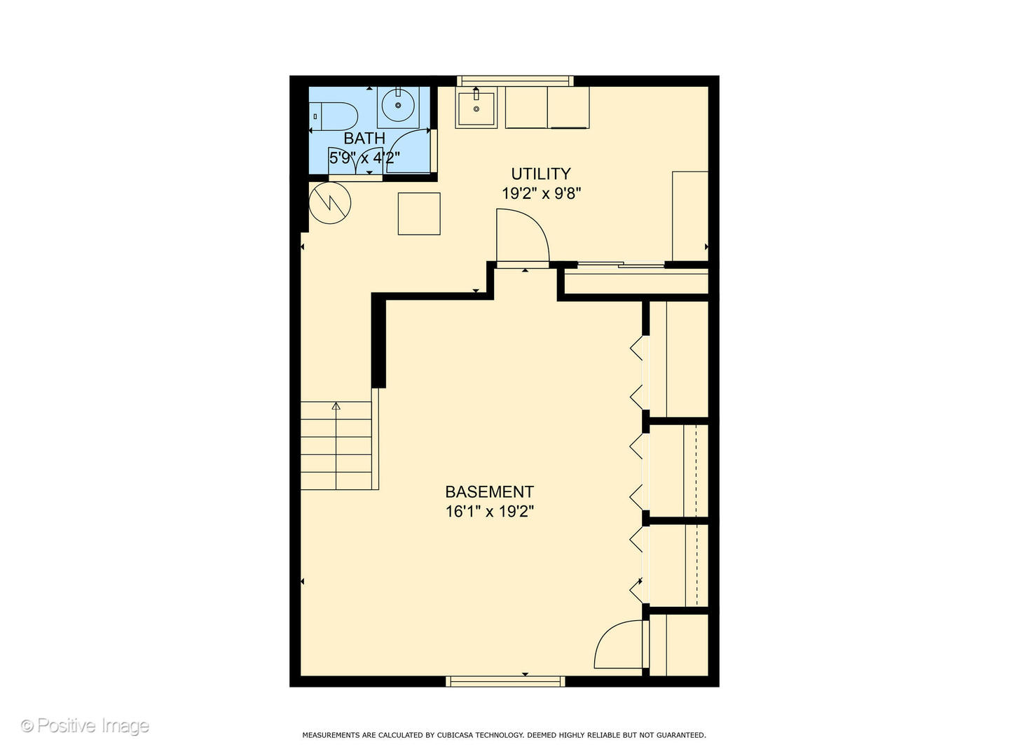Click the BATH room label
coord(364,139)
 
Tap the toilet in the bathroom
coord(334,116)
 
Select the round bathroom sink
coord(398,106)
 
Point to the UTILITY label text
coord(540,174)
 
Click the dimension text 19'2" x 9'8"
coord(541,193)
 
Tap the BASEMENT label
coord(489,492)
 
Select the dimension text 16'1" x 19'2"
coord(489,512)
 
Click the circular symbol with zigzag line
coord(329,203)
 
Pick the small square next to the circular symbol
coord(419,213)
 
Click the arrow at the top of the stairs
coord(336,406)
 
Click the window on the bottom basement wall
coord(505,681)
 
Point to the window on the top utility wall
coord(515,81)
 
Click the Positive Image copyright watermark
coord(85,726)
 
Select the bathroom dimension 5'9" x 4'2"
coord(364,158)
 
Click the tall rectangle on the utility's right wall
coord(689,216)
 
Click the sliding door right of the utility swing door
coord(620,265)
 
